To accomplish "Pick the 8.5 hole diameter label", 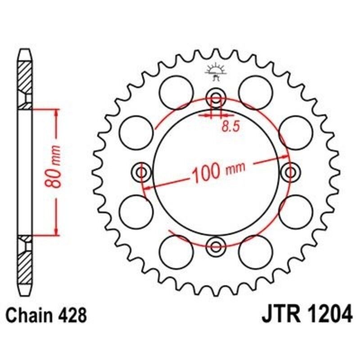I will (229, 126).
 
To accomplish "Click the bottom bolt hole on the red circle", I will (216, 246).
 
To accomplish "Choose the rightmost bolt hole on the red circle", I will (289, 172).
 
